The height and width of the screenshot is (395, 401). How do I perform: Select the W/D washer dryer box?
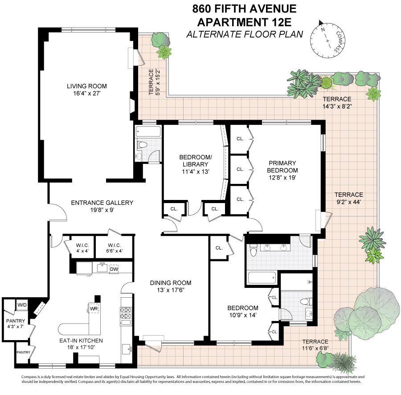[21, 305]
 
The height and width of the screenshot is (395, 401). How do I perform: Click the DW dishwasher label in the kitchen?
[114, 269]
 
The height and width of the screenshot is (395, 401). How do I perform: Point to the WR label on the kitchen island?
[94, 308]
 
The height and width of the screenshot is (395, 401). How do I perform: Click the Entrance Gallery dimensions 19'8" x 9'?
[102, 210]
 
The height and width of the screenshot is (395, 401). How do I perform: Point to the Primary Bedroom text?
[282, 166]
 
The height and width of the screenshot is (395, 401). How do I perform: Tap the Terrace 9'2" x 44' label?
[348, 198]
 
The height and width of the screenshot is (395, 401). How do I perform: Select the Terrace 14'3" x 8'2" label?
[337, 103]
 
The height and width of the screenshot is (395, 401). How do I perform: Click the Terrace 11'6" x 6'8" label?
[315, 345]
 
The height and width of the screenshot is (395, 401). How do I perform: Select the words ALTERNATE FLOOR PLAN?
[244, 34]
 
